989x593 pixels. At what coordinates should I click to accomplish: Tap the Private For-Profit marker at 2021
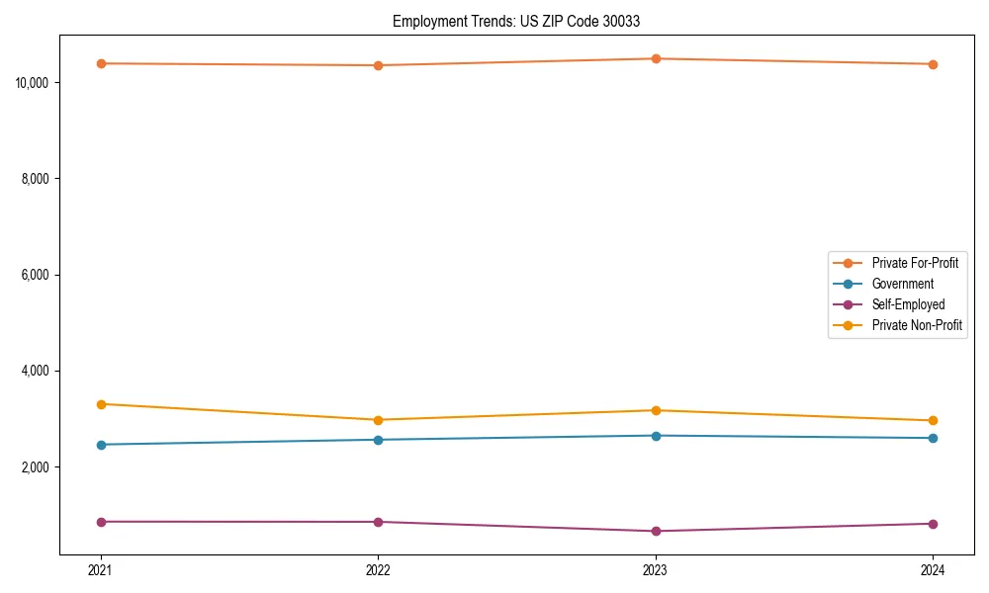click(x=101, y=63)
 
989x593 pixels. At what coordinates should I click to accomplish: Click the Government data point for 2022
click(x=378, y=440)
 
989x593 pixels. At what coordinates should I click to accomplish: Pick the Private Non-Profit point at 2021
click(x=101, y=404)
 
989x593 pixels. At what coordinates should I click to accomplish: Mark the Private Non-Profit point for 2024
click(x=933, y=421)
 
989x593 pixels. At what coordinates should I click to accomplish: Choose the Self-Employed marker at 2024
click(x=933, y=524)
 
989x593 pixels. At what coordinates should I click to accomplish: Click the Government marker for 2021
click(x=101, y=445)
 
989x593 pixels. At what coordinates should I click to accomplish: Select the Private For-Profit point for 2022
click(x=378, y=65)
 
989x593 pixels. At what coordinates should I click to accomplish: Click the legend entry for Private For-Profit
click(x=914, y=263)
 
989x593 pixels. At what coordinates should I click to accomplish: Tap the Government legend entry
click(x=902, y=284)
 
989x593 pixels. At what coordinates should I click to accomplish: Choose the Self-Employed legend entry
click(x=908, y=304)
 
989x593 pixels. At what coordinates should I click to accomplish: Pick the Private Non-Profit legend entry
click(x=917, y=325)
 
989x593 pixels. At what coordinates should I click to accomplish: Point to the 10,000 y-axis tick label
click(x=34, y=82)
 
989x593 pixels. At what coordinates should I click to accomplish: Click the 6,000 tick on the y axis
click(x=37, y=275)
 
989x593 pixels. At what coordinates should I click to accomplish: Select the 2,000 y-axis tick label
click(x=37, y=467)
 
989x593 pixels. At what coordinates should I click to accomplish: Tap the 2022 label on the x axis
click(x=378, y=570)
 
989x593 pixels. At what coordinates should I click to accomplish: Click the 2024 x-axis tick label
click(x=933, y=570)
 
